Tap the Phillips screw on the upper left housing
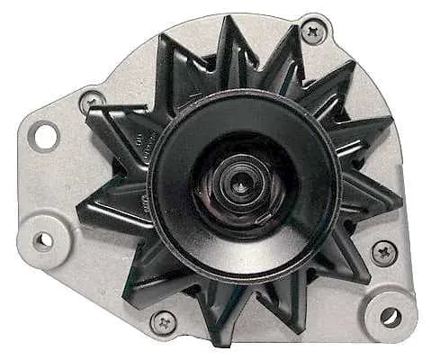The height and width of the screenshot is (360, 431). coord(91,102)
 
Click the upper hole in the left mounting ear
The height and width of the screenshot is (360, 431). coord(44,136)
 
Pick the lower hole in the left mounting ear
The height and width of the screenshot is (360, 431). coord(42,240)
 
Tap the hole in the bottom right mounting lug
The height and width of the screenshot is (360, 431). coord(391,316)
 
